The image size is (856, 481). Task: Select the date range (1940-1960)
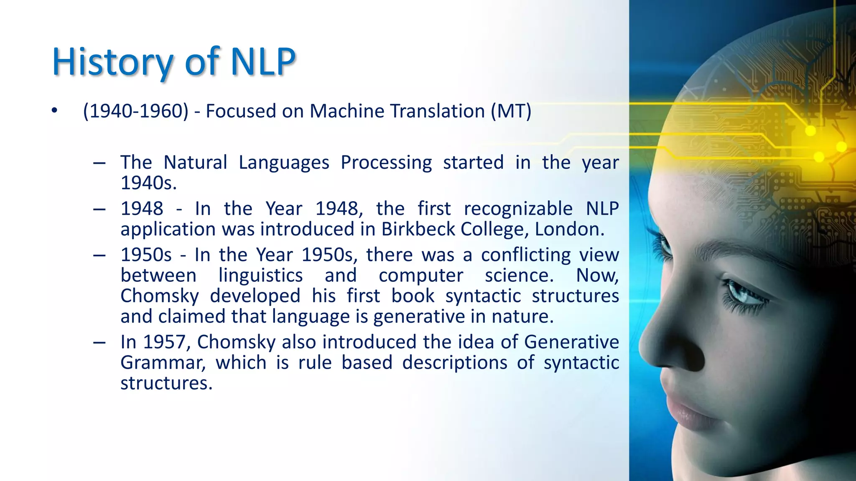click(x=136, y=111)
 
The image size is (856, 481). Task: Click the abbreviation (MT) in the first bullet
click(x=511, y=111)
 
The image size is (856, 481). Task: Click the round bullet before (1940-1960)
click(x=54, y=111)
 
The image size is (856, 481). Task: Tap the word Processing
click(x=386, y=163)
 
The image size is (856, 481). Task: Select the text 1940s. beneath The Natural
click(x=149, y=183)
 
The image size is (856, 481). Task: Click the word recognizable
click(x=518, y=209)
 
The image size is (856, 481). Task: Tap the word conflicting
click(x=526, y=255)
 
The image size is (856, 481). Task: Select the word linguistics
click(x=260, y=276)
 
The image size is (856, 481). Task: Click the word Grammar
click(x=163, y=362)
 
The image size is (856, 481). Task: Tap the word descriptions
click(x=454, y=362)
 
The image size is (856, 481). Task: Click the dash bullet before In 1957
click(x=99, y=342)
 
